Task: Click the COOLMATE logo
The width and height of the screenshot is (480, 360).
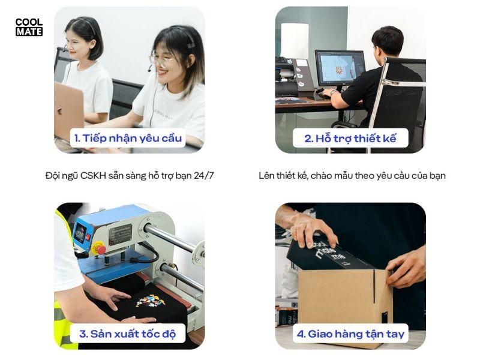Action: pos(29,27)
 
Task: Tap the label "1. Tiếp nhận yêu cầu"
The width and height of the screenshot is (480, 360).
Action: pos(128,139)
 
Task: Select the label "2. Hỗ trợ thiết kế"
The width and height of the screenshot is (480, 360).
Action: pos(350,139)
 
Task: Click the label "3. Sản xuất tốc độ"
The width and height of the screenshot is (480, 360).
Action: pos(127,334)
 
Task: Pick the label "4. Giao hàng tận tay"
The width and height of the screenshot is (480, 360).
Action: pos(350,334)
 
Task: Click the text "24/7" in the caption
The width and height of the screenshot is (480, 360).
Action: pos(203,176)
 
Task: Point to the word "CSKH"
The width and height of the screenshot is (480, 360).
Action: pos(93,176)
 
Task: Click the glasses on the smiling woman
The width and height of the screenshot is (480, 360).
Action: pos(161,59)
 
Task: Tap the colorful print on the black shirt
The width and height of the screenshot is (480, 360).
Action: pos(151,300)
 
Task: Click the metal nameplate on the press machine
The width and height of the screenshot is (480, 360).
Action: pos(121,234)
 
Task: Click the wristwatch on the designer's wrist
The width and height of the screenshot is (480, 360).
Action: pos(333,92)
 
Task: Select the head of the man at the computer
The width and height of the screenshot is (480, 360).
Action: pos(387,42)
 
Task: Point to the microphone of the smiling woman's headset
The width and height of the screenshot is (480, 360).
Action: pos(149,70)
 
